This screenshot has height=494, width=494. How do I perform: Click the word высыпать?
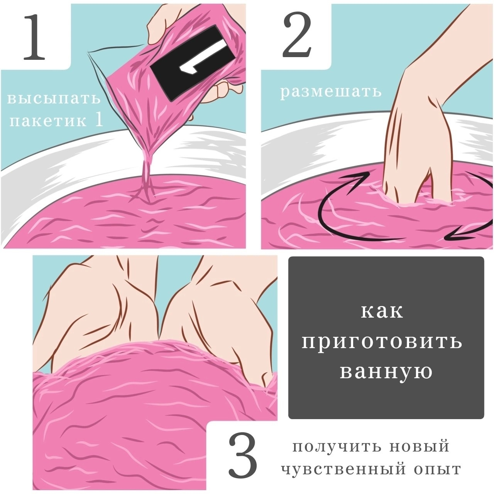(54, 98)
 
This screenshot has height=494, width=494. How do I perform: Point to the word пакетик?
(48, 120)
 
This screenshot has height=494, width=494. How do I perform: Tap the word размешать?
(331, 92)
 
